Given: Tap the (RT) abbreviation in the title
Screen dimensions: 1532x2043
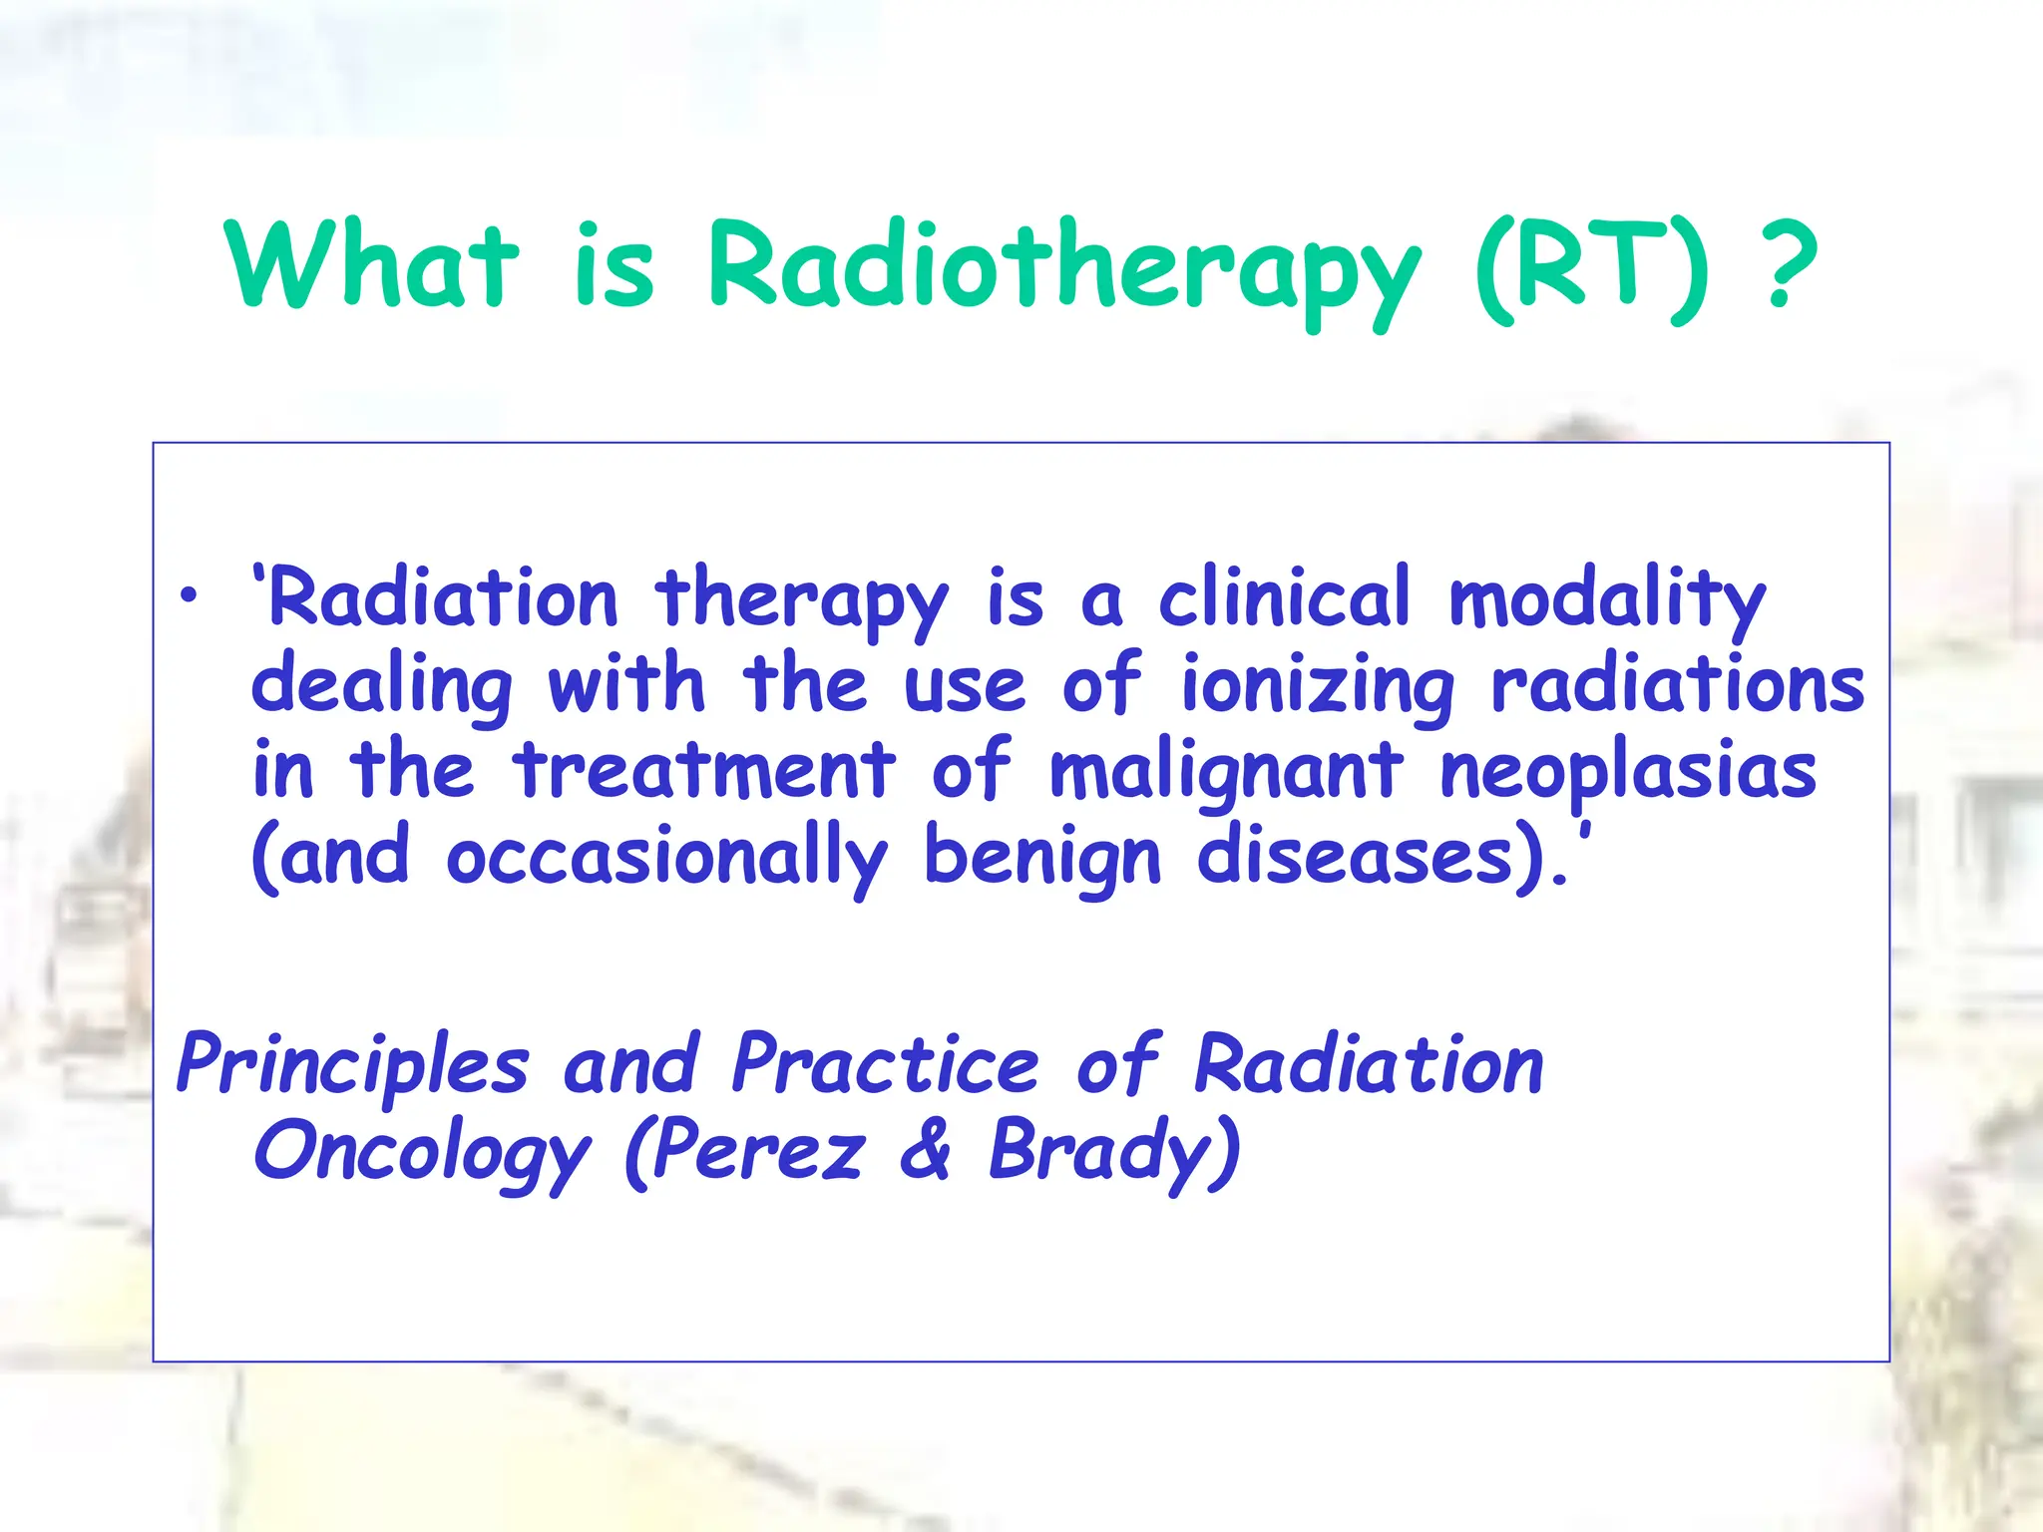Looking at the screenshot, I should (1592, 267).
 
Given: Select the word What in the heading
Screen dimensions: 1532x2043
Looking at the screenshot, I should (371, 267).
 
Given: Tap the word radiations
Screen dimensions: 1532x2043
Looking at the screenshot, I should (1678, 686).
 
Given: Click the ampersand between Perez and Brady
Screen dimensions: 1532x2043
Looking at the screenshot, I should (926, 1152).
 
